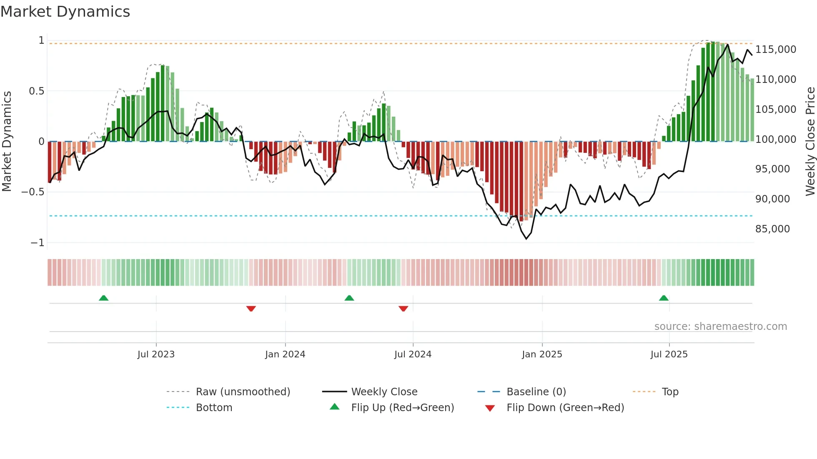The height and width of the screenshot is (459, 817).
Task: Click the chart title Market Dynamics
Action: point(65,12)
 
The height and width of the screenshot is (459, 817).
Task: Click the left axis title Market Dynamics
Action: point(7,141)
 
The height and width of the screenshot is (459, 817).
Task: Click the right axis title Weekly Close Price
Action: point(810,141)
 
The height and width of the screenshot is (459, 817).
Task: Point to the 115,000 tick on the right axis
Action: point(775,50)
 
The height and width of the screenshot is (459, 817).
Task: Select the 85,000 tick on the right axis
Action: point(772,229)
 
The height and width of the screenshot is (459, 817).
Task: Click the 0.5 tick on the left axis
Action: point(36,91)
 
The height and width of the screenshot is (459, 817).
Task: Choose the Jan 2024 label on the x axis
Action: point(285,354)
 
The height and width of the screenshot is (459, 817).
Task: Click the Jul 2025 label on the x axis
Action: point(669,354)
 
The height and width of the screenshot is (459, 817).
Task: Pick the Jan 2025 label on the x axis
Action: point(542,354)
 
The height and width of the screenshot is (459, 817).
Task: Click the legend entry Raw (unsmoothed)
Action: point(243,392)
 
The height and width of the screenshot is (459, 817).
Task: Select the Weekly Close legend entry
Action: point(384,392)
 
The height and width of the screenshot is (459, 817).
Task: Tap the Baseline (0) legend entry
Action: point(536,392)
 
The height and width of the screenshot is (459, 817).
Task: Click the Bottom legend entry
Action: point(214,408)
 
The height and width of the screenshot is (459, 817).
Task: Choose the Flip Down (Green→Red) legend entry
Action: point(565,408)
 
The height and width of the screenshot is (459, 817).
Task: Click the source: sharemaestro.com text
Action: point(720,327)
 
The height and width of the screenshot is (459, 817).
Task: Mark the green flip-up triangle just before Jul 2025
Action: point(664,298)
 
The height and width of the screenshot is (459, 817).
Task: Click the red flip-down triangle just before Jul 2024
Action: point(403,309)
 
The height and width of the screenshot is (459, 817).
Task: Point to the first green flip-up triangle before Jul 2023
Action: point(103,298)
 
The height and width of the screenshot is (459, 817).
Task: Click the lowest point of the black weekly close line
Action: point(526,239)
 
